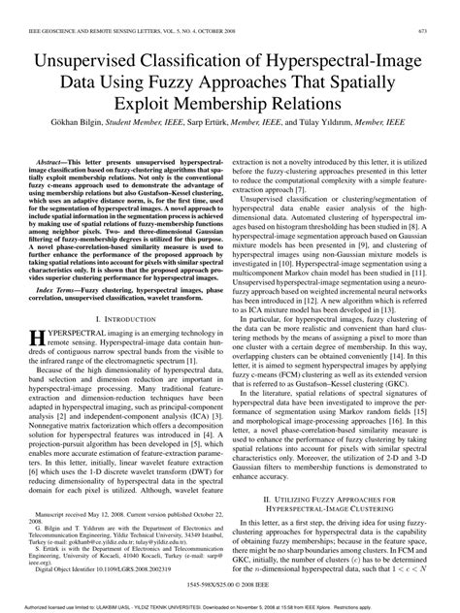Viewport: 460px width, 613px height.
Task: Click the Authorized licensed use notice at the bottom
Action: (x=229, y=606)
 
